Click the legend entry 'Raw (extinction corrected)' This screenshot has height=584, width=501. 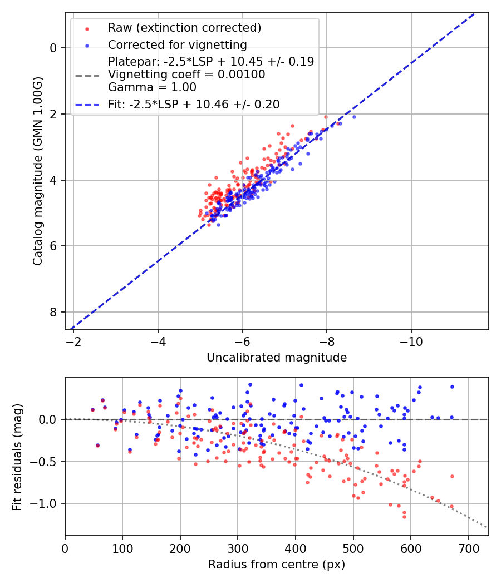tap(184, 28)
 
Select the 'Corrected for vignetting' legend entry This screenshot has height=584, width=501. tap(177, 44)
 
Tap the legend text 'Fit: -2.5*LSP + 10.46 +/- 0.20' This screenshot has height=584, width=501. tap(194, 104)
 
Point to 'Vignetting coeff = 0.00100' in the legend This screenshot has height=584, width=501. tap(186, 75)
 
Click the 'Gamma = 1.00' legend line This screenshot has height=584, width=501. tap(152, 87)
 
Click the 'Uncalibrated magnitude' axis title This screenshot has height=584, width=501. tap(277, 358)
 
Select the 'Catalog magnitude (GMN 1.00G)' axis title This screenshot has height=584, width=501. tap(37, 171)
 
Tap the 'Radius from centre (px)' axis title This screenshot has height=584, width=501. tap(277, 565)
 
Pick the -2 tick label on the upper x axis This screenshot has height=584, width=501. tap(73, 339)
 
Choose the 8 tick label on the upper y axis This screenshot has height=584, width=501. tap(53, 312)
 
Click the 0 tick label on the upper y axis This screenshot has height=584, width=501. tap(53, 48)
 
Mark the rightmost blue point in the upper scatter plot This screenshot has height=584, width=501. tap(354, 117)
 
